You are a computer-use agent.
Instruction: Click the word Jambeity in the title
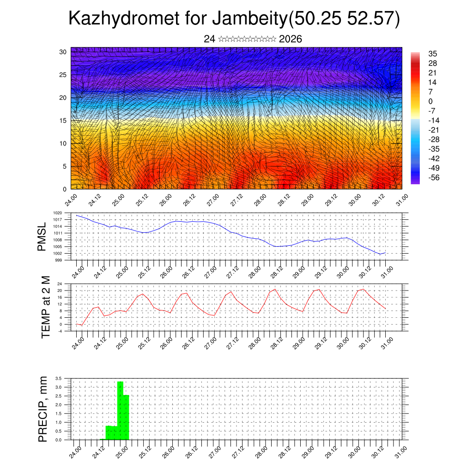[x=249, y=19]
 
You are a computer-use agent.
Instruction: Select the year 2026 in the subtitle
[x=291, y=39]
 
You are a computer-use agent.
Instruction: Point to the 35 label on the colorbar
[x=433, y=54]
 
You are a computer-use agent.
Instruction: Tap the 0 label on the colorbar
[x=431, y=102]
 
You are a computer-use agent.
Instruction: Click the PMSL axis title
[x=42, y=237]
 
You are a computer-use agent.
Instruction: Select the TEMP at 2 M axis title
[x=45, y=307]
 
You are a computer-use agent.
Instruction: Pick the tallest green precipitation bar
[x=120, y=410]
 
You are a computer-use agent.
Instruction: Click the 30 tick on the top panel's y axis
[x=63, y=52]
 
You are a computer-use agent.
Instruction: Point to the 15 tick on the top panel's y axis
[x=63, y=121]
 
